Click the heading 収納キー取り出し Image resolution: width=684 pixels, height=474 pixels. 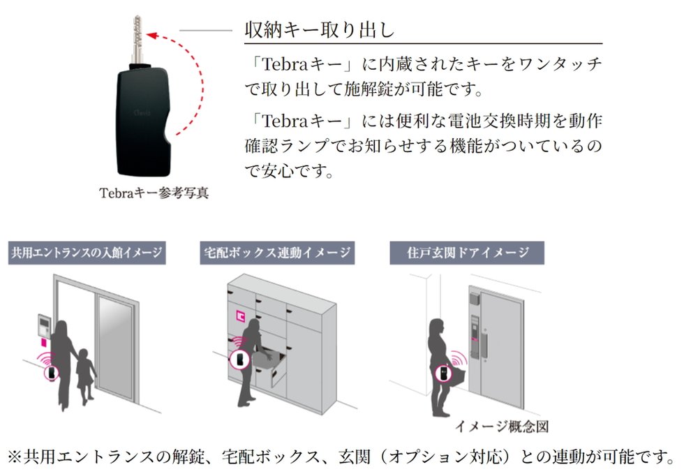coord(320,30)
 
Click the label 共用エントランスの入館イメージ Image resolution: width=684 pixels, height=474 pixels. coord(86,252)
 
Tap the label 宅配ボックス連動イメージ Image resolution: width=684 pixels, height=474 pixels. coord(276,252)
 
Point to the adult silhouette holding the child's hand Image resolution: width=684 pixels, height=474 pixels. coord(61,363)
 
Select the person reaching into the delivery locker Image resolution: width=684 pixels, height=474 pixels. coord(250,363)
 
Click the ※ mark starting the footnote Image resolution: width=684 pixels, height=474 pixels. coord(14,457)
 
